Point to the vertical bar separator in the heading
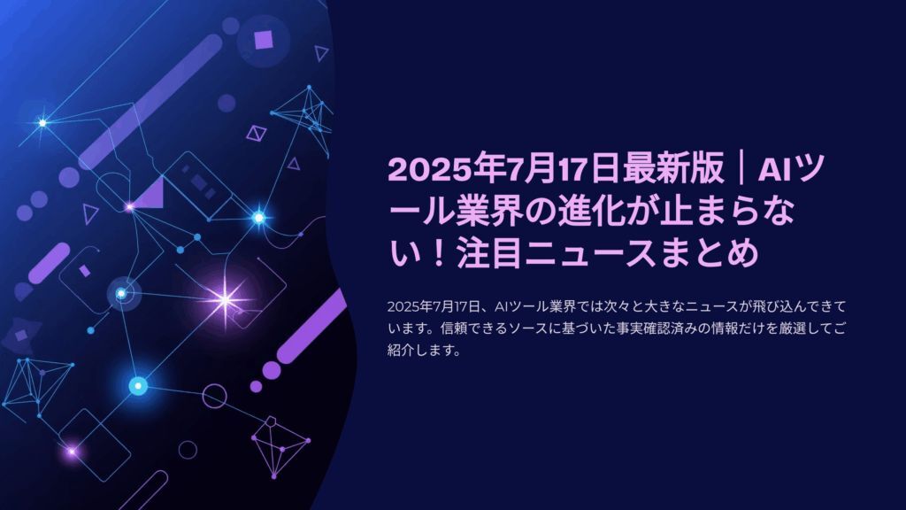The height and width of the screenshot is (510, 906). (x=741, y=169)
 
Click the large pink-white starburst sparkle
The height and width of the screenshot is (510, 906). (x=225, y=300)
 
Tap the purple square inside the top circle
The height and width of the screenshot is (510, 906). (x=264, y=40)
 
